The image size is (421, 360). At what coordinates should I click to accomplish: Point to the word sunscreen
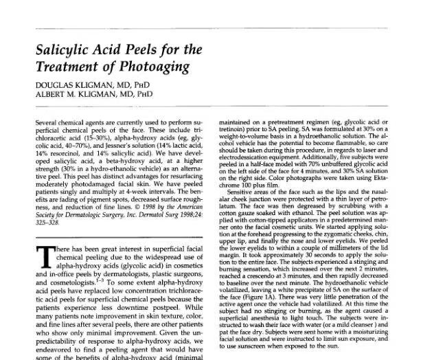(x=275, y=357)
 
